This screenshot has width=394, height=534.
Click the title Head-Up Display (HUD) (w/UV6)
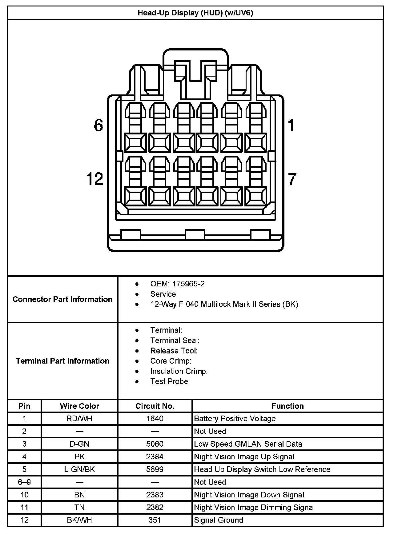coord(195,13)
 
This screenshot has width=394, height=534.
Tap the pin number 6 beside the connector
coord(98,126)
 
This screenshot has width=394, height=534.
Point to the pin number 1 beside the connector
coord(291,126)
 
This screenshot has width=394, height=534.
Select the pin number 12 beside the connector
coord(95,179)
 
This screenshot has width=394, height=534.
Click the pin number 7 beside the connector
coord(292,179)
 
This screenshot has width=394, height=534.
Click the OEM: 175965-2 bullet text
coord(177,284)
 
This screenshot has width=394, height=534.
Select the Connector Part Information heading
coord(62,299)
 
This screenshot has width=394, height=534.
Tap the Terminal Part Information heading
coord(62,361)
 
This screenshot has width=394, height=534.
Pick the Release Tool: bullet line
coord(174,351)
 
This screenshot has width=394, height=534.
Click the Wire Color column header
coord(79,406)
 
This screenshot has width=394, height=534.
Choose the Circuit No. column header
coord(155,406)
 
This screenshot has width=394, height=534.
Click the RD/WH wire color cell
coord(79,419)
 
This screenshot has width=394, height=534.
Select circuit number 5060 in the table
coord(155,444)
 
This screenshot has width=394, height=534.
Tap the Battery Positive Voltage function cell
coord(235,419)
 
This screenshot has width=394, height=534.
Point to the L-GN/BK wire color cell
coord(79,469)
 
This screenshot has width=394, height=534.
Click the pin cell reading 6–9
coord(24,482)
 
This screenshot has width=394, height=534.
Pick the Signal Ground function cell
coord(219,520)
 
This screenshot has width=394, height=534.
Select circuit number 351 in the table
coord(155,520)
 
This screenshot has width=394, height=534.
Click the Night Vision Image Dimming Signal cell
coord(254,507)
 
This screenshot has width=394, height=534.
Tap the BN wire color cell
coord(79,495)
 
